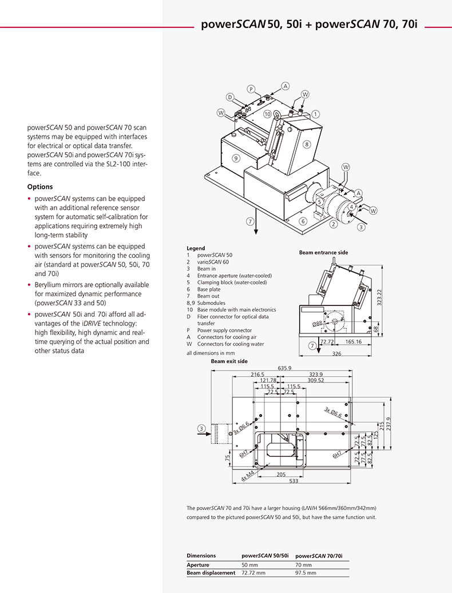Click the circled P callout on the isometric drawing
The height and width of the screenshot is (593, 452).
tap(251, 89)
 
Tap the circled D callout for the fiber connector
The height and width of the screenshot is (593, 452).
tap(230, 97)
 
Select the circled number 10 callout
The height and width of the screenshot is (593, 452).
tap(267, 114)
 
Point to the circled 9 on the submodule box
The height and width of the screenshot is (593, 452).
tap(235, 157)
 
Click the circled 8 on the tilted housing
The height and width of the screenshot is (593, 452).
tap(307, 145)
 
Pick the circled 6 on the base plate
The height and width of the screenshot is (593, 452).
tap(304, 220)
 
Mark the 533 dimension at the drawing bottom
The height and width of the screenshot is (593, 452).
tap(294, 481)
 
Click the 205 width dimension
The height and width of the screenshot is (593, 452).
tap(281, 474)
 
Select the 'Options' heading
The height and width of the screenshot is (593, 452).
tap(40, 186)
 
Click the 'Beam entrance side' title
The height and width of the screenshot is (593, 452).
tap(323, 252)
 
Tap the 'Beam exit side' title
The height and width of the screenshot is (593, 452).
tap(229, 361)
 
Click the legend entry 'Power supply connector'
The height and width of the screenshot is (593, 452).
tap(224, 330)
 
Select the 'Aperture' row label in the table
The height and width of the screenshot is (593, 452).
tap(198, 564)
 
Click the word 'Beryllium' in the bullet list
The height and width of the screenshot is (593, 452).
tap(50, 284)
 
